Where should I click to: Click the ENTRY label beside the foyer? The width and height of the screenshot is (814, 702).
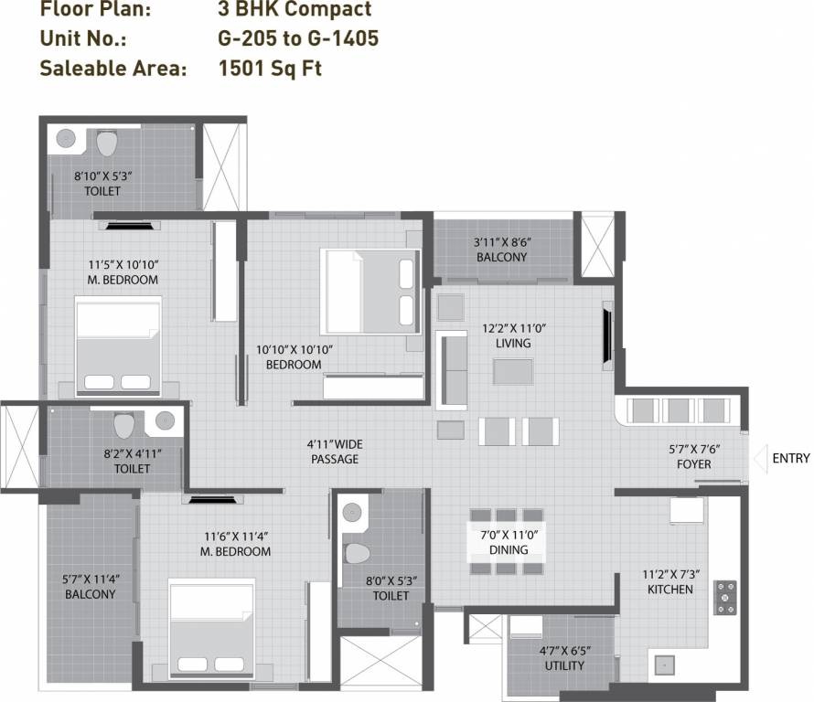coord(791,458)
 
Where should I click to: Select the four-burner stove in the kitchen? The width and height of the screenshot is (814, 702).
coord(725,596)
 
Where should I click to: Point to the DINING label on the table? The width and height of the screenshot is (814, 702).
coord(508,549)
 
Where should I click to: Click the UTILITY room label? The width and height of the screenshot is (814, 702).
coord(563,665)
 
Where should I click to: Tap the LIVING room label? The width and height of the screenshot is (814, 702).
coord(513,343)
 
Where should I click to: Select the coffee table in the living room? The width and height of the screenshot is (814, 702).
coord(513,371)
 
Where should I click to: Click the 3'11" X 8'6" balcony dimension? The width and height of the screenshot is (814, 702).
coord(502,242)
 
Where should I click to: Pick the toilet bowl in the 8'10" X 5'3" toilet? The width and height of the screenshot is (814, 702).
coord(107,144)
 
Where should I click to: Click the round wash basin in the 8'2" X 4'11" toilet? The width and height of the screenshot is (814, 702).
coord(165,420)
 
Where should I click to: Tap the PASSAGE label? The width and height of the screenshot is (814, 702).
coord(334,459)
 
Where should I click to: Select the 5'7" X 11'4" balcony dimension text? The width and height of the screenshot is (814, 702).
coord(90,579)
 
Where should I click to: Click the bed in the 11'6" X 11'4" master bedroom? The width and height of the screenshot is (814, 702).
coord(211,630)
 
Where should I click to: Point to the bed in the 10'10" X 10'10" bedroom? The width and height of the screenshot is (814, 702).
coord(370,291)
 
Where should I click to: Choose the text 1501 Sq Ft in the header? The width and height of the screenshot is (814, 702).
coord(270,69)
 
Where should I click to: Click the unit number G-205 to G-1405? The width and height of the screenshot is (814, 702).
coord(298,38)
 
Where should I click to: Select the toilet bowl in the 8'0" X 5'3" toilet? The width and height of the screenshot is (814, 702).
coord(356,552)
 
